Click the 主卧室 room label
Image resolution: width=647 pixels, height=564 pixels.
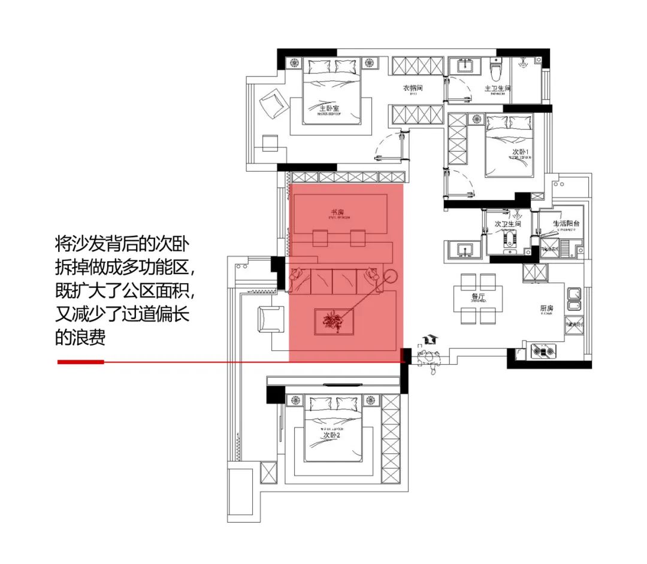[x=329, y=108]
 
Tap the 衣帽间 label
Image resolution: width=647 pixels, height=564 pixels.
[x=412, y=89]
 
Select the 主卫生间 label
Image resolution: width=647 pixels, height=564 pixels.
[x=497, y=89]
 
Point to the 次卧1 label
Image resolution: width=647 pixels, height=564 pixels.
[x=521, y=152]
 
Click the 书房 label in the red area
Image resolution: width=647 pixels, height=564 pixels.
[x=337, y=213]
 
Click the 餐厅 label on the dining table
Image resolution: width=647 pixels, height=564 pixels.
[x=478, y=296]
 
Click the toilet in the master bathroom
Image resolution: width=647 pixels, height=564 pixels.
[x=495, y=71]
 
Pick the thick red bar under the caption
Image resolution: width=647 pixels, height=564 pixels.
[x=81, y=362]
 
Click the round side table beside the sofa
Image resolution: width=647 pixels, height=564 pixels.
[x=391, y=277]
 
